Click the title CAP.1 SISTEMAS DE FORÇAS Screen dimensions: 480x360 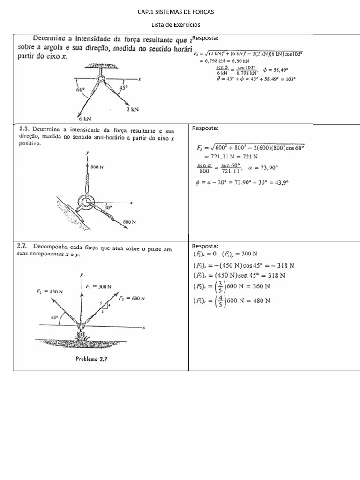180,11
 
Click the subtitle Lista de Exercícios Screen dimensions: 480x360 180,25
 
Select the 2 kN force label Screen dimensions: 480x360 133,110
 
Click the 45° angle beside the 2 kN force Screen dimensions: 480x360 124,87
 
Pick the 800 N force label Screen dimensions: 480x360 97,167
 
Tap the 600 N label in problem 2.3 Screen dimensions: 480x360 130,222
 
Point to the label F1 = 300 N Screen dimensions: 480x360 99,286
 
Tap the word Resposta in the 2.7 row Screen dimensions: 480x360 205,246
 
